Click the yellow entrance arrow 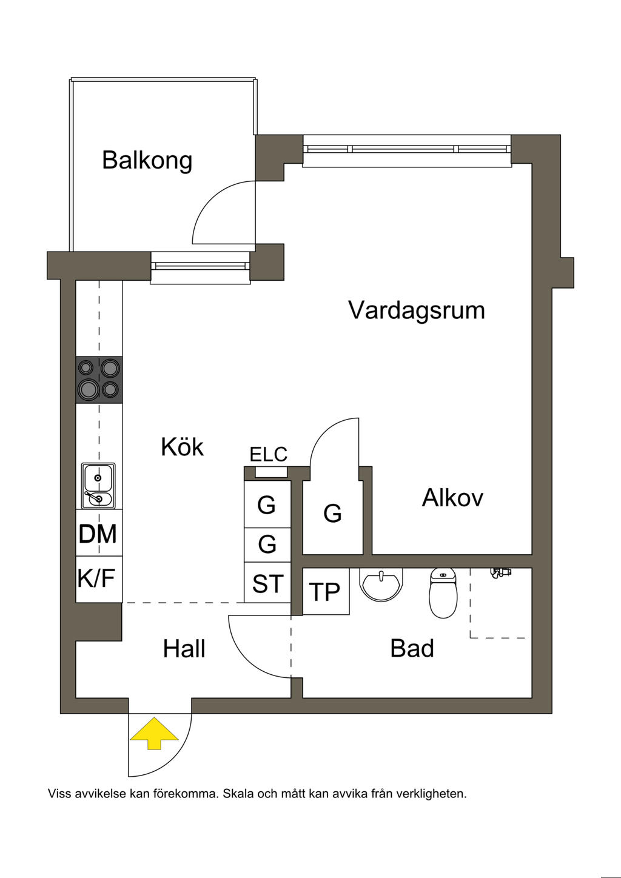point(155,733)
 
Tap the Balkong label point(147,160)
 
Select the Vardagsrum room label point(417,310)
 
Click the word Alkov point(452,498)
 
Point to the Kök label point(182,447)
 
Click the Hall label point(184,649)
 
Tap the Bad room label point(412,648)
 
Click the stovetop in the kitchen point(99,380)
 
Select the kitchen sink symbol point(99,486)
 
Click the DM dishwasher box point(98,534)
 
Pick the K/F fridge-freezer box point(97,578)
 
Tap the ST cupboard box point(267,584)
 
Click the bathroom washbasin point(381,584)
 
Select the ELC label point(268,454)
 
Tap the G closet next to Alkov point(332,514)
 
